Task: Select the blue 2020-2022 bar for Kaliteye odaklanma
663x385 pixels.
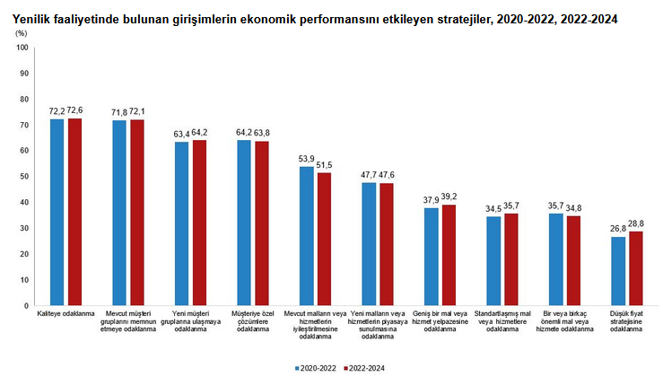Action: click(57, 212)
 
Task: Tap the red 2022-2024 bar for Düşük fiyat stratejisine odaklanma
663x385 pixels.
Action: click(636, 268)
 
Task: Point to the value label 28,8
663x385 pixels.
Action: click(636, 223)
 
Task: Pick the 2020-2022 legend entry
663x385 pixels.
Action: click(315, 368)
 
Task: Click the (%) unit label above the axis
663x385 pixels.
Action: click(21, 32)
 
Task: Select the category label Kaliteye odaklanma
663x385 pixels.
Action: click(65, 315)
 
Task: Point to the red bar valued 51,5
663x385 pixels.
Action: click(324, 239)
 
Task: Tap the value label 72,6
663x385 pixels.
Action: click(74, 110)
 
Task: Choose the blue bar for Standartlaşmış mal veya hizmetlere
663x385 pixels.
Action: click(493, 260)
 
